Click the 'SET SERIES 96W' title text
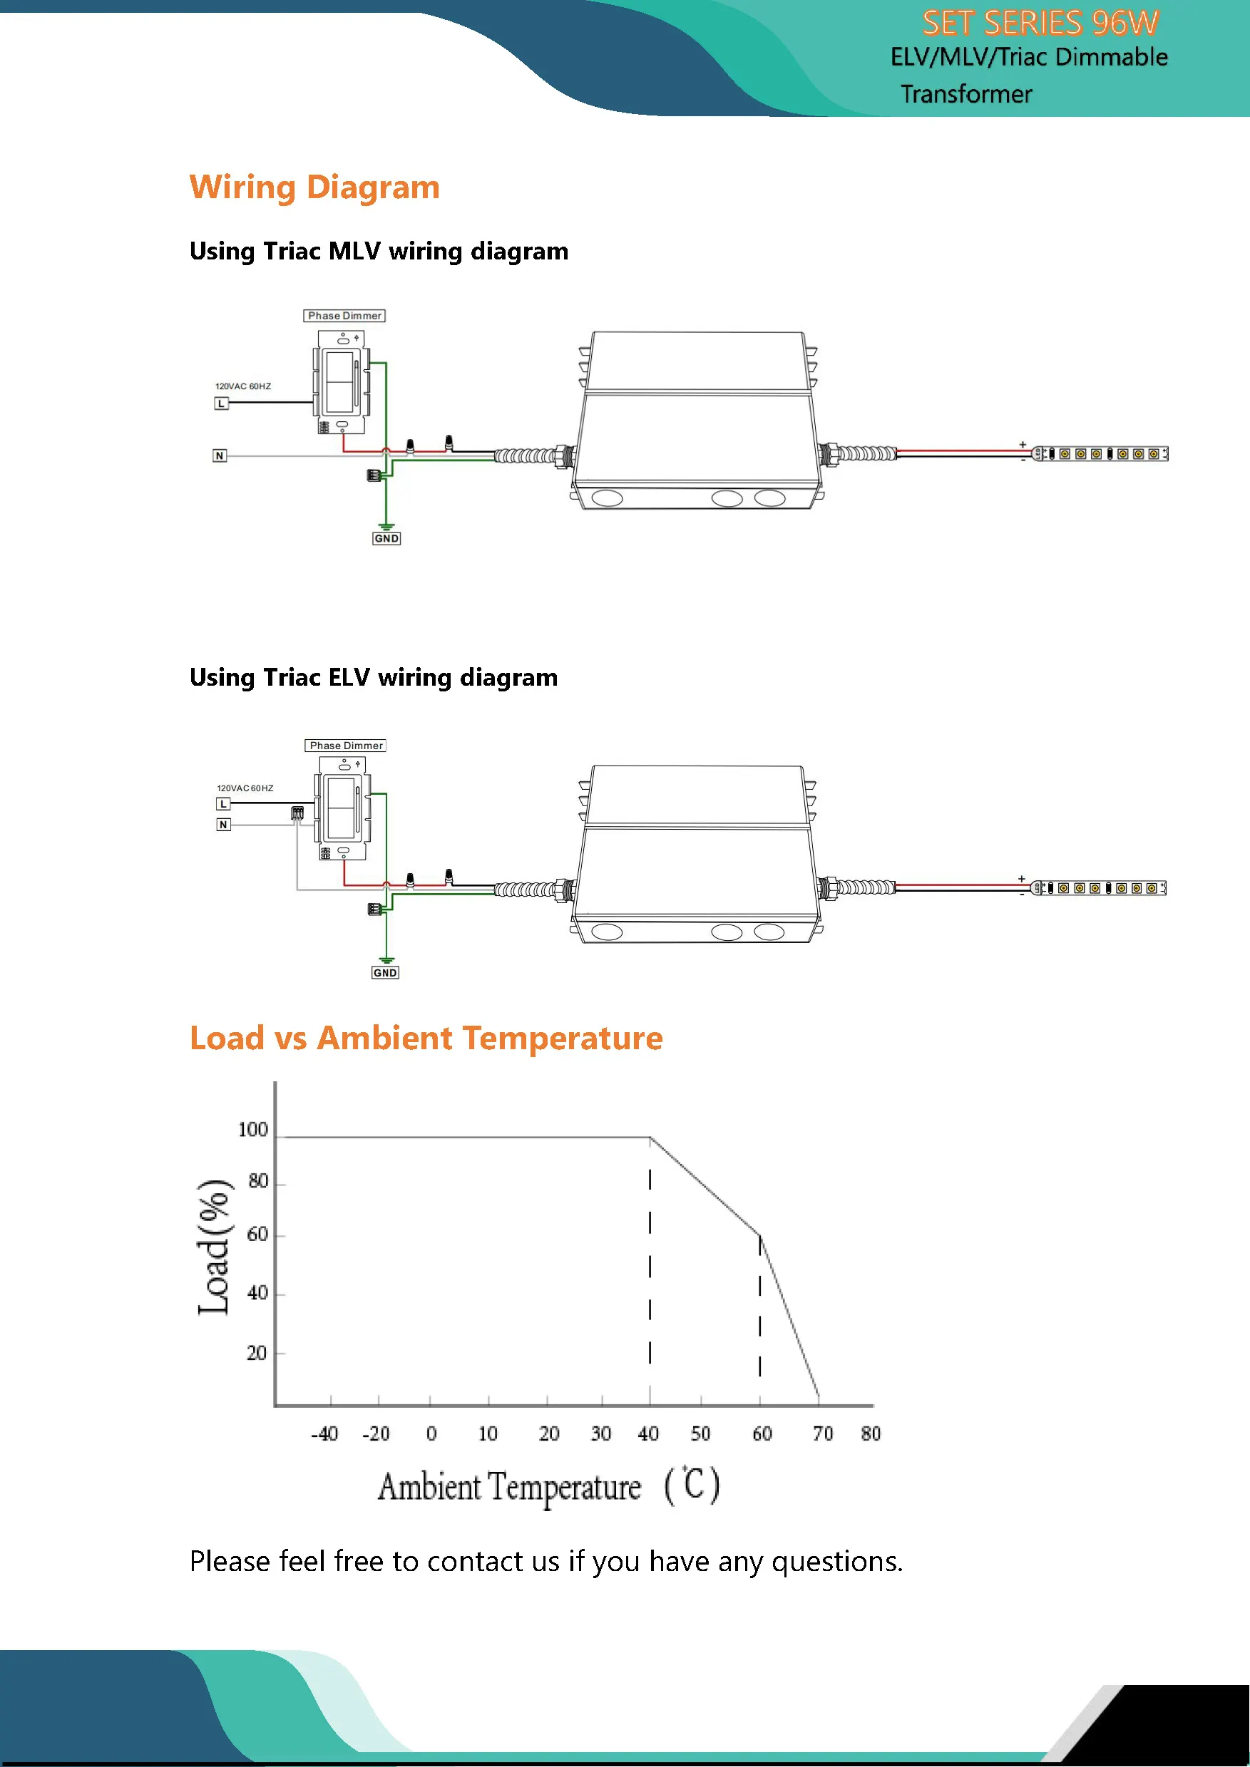(1040, 23)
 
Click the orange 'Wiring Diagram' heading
(314, 187)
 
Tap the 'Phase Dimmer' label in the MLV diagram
(344, 316)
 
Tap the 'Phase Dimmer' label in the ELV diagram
(346, 745)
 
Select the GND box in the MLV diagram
(386, 539)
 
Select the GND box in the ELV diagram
(385, 973)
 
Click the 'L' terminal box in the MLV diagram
(222, 403)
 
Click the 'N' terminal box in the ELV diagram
(223, 824)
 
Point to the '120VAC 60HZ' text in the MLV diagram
(242, 386)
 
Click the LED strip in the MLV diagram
(1101, 454)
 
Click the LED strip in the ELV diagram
(1099, 888)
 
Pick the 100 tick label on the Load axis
(252, 1130)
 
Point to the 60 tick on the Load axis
(257, 1235)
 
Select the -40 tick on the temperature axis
(324, 1433)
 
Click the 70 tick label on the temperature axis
(823, 1433)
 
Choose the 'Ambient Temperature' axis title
(509, 1487)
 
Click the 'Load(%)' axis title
(214, 1247)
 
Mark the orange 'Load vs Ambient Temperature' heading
(426, 1039)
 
